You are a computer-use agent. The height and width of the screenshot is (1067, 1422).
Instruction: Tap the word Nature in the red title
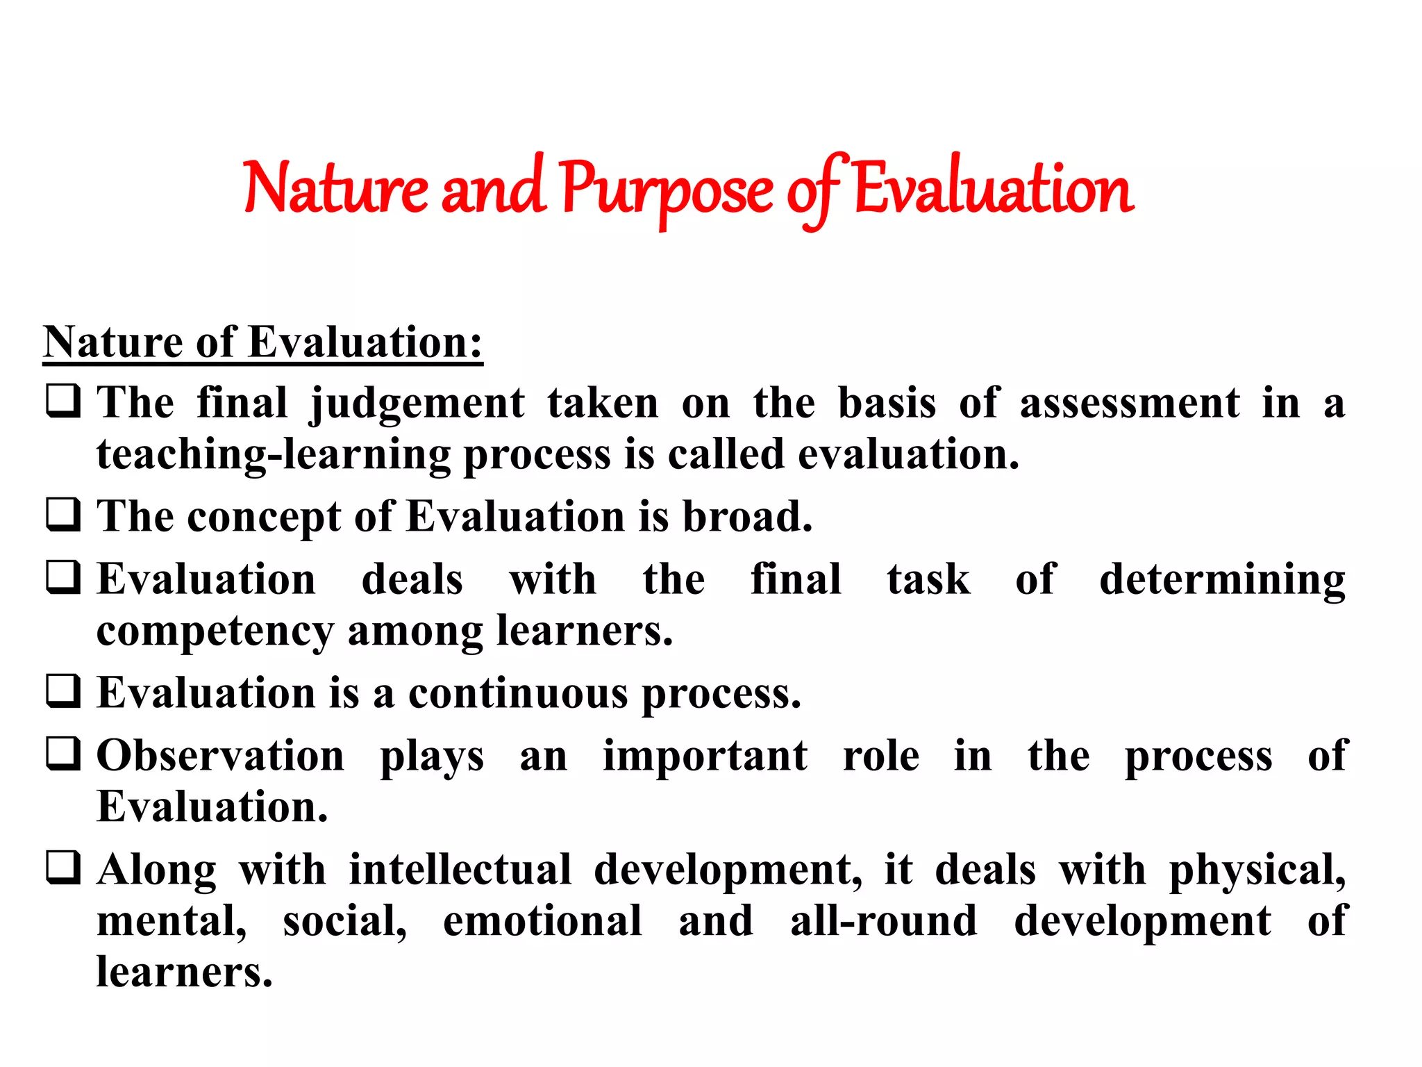click(x=335, y=189)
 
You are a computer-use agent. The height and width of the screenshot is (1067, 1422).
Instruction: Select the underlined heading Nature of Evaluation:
click(x=262, y=342)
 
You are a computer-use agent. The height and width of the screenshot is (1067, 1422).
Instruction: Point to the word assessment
click(x=1129, y=403)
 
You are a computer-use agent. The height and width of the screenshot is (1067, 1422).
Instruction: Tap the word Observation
click(x=220, y=756)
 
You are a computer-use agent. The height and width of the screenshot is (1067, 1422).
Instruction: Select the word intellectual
click(x=460, y=870)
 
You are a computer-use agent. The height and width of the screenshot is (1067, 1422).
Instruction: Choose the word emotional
click(x=542, y=921)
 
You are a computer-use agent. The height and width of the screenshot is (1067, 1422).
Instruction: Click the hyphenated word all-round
click(x=883, y=921)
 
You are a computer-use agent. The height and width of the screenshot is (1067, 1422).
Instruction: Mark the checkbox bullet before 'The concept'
click(x=63, y=515)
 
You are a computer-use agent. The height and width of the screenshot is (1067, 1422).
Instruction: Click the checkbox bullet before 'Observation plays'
click(x=63, y=754)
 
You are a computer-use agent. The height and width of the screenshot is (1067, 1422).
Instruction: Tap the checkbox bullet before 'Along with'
click(x=63, y=868)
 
